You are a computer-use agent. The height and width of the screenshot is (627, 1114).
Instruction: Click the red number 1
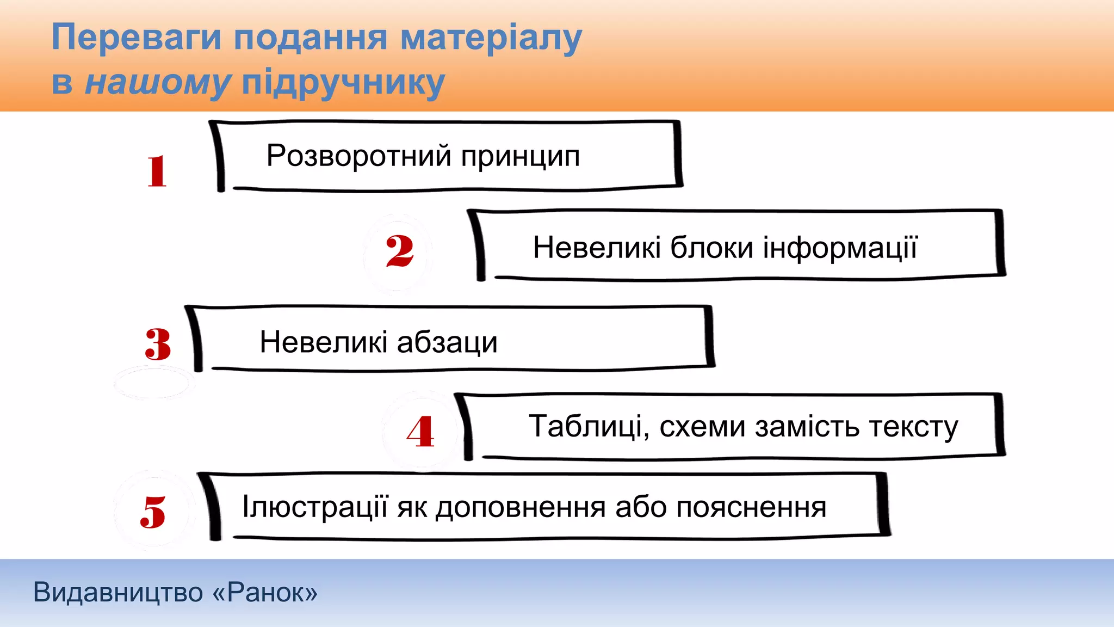pyautogui.click(x=157, y=171)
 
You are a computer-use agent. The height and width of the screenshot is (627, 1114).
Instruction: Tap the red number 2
pyautogui.click(x=400, y=251)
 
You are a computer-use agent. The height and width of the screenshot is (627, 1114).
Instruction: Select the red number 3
pyautogui.click(x=158, y=344)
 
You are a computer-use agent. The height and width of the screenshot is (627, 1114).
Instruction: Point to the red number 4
pyautogui.click(x=420, y=432)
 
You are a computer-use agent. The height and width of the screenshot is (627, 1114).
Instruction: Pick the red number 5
pyautogui.click(x=153, y=512)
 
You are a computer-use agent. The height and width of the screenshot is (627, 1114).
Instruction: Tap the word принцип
pyautogui.click(x=521, y=157)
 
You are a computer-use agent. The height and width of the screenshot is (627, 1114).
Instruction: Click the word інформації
pyautogui.click(x=840, y=248)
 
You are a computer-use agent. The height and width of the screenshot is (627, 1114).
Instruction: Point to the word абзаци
pyautogui.click(x=447, y=343)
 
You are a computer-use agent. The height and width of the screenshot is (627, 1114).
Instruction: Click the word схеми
pyautogui.click(x=703, y=426)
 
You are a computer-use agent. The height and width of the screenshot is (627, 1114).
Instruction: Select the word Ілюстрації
pyautogui.click(x=316, y=507)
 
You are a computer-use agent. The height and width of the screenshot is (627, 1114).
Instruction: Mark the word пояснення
pyautogui.click(x=751, y=508)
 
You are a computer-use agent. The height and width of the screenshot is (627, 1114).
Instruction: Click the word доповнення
pyautogui.click(x=521, y=508)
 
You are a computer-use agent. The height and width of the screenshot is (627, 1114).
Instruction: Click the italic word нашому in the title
pyautogui.click(x=158, y=83)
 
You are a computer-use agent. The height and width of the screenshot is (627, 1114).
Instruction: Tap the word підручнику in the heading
pyautogui.click(x=343, y=83)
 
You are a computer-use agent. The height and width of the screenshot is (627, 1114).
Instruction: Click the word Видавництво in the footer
pyautogui.click(x=118, y=592)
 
